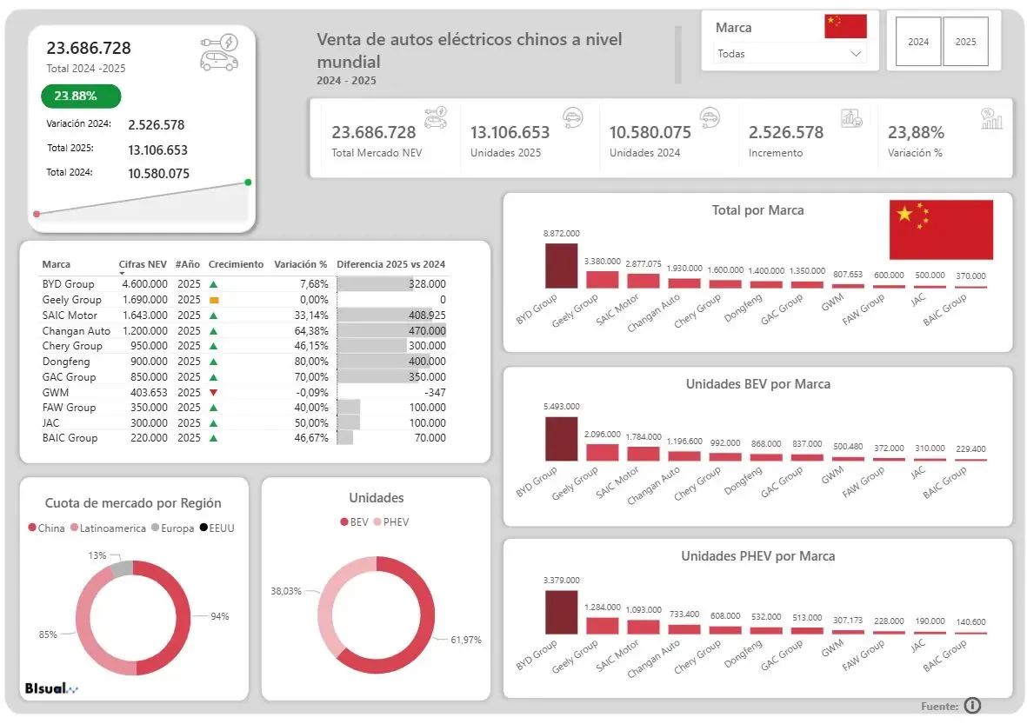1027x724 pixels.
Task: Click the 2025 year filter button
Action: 965,42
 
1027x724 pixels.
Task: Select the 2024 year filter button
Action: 918,42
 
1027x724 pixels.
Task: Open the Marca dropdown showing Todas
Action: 790,54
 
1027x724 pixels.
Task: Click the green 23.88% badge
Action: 80,96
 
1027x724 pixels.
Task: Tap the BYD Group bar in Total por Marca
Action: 561,266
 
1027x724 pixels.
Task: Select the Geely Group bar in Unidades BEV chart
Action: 602,452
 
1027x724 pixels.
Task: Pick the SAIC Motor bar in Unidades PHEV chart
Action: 644,626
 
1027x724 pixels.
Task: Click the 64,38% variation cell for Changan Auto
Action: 311,331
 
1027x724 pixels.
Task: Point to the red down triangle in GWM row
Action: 213,393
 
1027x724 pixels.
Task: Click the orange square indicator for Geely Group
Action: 213,300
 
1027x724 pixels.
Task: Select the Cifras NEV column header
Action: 143,264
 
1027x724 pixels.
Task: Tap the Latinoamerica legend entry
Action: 109,528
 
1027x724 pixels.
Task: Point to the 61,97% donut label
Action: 466,640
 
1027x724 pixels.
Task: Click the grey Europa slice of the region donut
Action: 122,568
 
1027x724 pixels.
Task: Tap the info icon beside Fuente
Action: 972,706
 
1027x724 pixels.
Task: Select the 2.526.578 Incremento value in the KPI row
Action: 785,133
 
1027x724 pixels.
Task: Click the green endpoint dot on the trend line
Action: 248,183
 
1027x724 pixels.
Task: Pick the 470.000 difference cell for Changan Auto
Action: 428,331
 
